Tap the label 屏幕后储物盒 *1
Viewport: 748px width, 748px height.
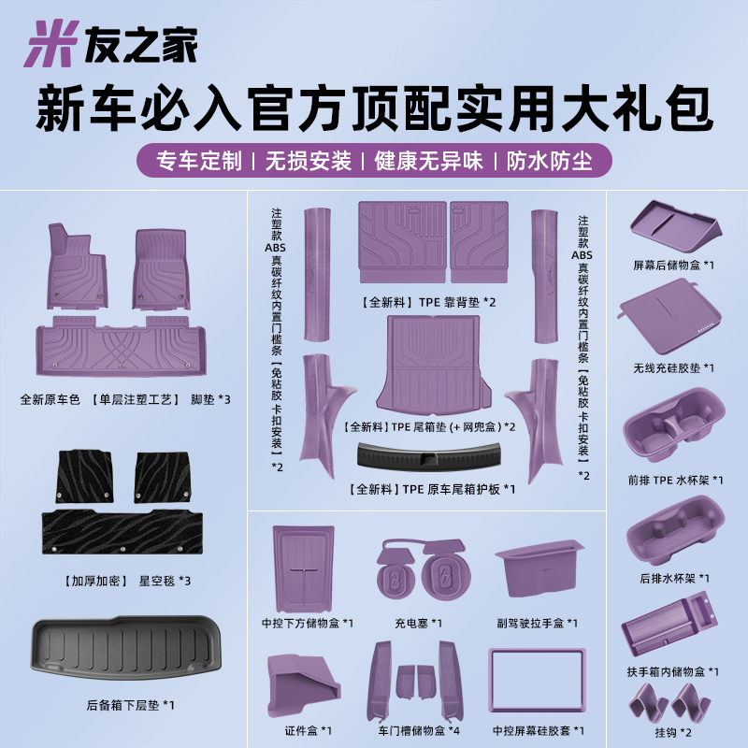[674, 266]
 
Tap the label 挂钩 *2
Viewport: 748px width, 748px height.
[673, 731]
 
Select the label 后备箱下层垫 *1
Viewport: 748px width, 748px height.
[122, 704]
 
